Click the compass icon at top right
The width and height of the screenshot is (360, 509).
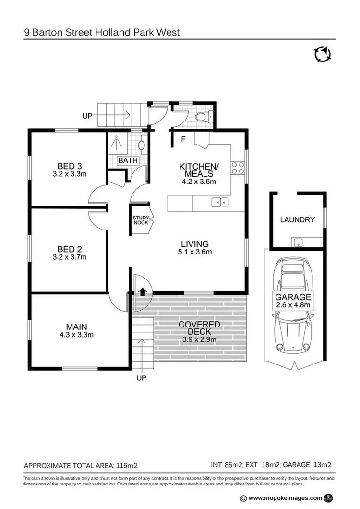coord(323,54)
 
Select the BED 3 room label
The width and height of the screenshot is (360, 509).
coord(69,167)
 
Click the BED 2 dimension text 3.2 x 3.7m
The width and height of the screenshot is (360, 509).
coord(69,257)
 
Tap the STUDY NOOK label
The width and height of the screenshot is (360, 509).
coord(141,220)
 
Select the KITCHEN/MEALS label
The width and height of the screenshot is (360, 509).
coord(199,170)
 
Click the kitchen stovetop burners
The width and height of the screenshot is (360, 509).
coord(237,167)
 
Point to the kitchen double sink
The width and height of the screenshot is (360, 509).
coord(222,203)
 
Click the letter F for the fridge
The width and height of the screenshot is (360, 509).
coord(183,140)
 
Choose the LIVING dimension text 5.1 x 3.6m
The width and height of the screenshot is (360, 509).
coord(194,252)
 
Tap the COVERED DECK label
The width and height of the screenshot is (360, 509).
coord(199,328)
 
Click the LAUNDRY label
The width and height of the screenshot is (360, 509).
coord(297,220)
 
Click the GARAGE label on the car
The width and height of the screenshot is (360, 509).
coord(293,297)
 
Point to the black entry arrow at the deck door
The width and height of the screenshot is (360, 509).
coord(143,291)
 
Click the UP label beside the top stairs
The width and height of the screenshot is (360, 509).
coord(87,116)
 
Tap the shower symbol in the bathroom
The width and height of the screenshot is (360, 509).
coord(116,142)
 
